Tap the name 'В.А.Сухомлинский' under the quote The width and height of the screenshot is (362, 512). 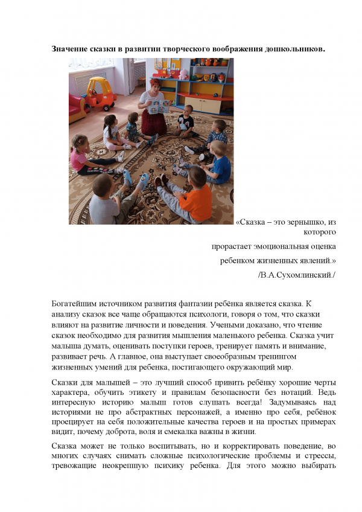click(x=296, y=275)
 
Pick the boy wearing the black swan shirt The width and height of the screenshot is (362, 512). click(x=186, y=120)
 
